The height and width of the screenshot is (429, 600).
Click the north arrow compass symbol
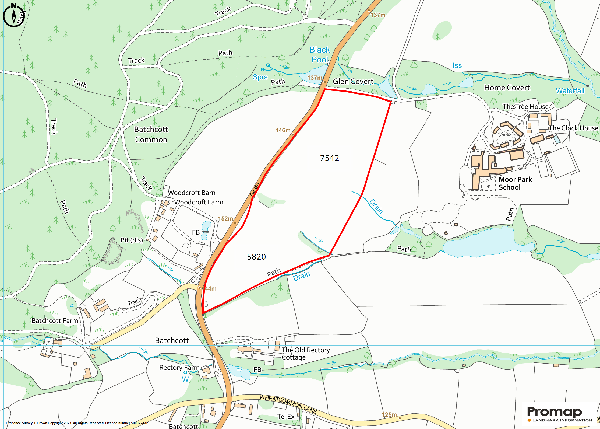[13, 15]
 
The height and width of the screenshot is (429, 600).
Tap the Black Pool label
[320, 55]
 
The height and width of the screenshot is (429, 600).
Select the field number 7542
[329, 158]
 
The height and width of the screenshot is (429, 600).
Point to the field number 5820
[256, 257]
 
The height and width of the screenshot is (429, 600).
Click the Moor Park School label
[515, 183]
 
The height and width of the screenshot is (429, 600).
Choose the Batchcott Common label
[151, 134]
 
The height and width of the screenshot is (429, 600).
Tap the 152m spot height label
[225, 219]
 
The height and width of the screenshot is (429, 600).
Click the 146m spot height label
[283, 130]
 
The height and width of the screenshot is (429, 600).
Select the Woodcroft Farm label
[199, 202]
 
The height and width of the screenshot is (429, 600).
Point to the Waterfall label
[570, 91]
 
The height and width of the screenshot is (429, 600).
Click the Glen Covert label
[353, 81]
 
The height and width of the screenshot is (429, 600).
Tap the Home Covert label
[507, 88]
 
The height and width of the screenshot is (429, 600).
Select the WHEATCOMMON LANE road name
[288, 404]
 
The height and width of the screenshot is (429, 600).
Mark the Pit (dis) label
[132, 240]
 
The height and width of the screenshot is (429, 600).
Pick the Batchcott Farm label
[55, 321]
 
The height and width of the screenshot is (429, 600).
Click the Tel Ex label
[286, 417]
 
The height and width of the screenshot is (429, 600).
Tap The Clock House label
[573, 128]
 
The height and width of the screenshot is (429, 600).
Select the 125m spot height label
[389, 414]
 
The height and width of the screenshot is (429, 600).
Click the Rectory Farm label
[179, 368]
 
